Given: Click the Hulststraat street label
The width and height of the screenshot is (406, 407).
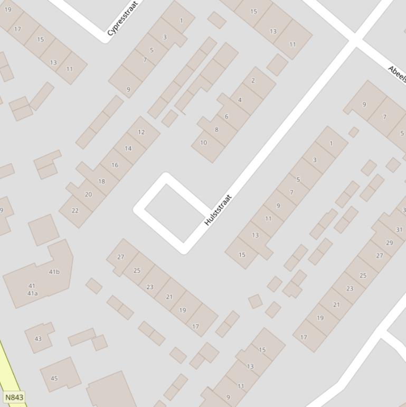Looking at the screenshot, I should [218, 210].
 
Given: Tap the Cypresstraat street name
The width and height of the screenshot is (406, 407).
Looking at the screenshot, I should [122, 18].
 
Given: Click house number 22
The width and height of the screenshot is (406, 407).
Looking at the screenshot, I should [75, 210].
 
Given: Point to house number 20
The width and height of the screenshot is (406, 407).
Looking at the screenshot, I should [88, 195].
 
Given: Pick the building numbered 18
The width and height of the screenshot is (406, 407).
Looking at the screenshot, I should [101, 181].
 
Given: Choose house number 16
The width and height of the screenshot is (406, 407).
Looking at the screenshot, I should [115, 165].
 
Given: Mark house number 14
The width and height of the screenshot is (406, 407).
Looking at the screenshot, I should [128, 149].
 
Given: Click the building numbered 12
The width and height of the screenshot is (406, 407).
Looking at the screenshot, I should [141, 132].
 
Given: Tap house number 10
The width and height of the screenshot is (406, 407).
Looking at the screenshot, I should [203, 143].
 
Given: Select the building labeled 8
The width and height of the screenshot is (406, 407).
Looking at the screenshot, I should [216, 129].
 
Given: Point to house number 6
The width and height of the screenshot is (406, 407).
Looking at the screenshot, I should [226, 117].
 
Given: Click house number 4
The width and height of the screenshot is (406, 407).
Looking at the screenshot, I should [240, 100].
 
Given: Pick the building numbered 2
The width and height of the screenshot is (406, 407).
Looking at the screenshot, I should [253, 80].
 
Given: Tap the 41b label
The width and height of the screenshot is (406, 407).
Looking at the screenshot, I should [54, 272].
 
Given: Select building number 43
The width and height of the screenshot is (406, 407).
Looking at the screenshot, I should [37, 339].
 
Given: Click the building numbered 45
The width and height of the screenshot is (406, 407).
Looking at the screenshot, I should [54, 378].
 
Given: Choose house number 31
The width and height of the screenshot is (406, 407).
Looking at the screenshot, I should [399, 229].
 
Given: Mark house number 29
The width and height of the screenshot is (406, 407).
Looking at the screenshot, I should [389, 243].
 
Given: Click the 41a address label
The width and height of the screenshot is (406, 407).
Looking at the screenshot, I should [32, 293].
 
